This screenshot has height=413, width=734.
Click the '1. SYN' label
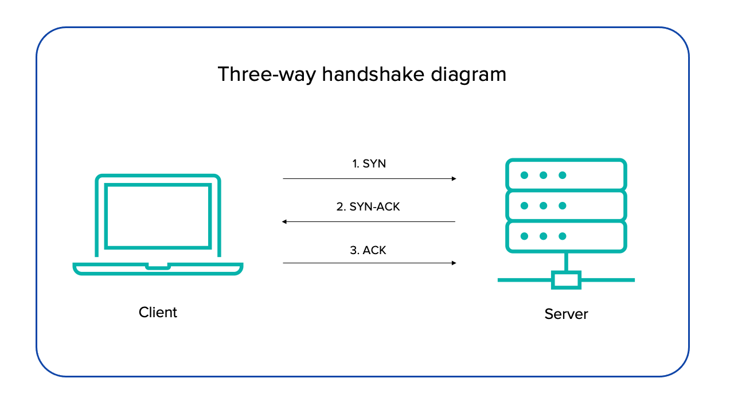tap(369, 163)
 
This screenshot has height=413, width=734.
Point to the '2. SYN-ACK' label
tap(368, 206)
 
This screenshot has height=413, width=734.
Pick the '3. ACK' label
tap(369, 250)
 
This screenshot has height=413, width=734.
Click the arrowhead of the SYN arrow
tap(454, 178)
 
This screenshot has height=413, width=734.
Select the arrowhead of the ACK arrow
tap(454, 263)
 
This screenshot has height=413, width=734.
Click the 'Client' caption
tap(158, 313)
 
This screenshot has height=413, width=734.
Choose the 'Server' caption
tap(566, 314)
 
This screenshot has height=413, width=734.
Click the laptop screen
tap(158, 216)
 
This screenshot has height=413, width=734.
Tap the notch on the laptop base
tap(158, 266)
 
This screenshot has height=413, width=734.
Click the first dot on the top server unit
tap(524, 175)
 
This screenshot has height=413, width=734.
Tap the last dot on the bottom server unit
tap(563, 236)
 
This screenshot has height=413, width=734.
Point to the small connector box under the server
tap(566, 280)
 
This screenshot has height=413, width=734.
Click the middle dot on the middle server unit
tap(543, 205)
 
